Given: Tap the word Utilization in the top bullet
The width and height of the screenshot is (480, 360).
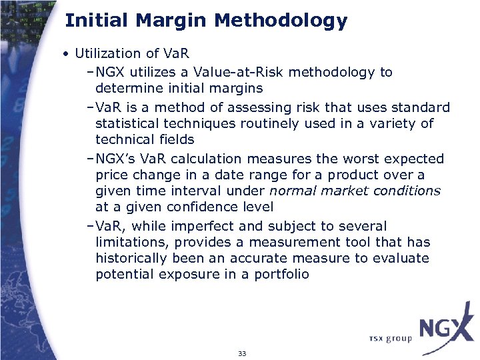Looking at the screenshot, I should click(x=108, y=53).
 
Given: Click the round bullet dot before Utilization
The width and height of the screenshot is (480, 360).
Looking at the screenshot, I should click(x=68, y=54).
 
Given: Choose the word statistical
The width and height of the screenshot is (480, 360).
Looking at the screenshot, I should click(x=127, y=123).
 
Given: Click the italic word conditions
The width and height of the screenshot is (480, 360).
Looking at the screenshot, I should click(x=407, y=191).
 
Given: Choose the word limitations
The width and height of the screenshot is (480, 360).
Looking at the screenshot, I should click(x=129, y=242).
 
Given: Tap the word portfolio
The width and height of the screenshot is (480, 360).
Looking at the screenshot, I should click(x=281, y=274).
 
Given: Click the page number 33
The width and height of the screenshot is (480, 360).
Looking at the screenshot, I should click(x=242, y=353).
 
